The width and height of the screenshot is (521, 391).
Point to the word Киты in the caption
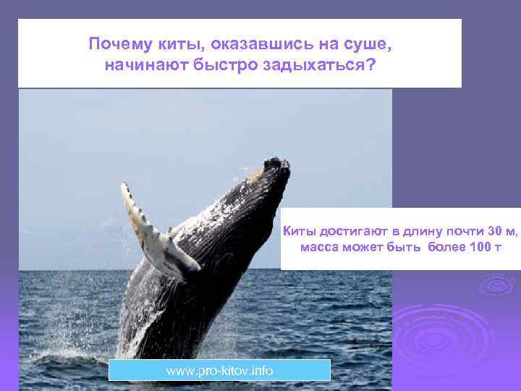coord(297,231)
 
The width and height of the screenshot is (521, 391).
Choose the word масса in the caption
coord(318,248)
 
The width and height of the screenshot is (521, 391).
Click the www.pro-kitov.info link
coord(219,371)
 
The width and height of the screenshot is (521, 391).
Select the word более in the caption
coord(442,248)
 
